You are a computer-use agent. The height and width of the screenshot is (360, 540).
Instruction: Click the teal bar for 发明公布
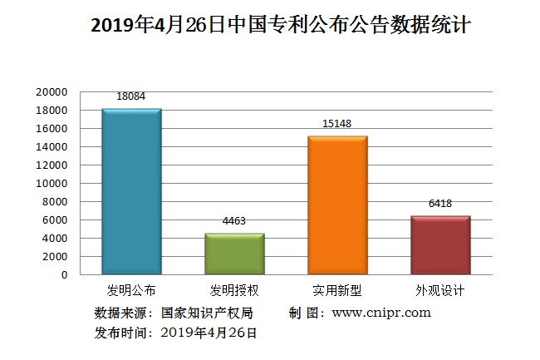point(131,191)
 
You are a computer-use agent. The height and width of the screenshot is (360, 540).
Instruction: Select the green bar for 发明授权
point(234,254)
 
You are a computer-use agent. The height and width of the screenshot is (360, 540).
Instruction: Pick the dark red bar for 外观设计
point(440,244)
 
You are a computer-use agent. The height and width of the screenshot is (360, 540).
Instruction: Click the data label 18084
point(131,96)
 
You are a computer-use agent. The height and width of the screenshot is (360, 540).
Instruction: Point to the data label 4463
point(234,221)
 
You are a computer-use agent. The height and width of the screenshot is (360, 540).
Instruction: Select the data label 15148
point(337,124)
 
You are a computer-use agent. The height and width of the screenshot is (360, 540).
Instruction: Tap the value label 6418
point(440,204)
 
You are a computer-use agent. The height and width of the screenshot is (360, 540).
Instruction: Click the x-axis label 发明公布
point(131,291)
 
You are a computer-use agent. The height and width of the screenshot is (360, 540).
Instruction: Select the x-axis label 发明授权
point(234,291)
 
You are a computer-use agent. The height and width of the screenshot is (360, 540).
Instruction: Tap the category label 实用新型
point(337,291)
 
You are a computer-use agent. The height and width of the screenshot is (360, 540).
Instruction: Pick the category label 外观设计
point(440,291)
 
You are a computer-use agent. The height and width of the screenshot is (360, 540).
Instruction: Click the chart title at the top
point(281,26)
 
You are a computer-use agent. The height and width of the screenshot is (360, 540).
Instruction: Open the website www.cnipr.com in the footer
point(381,313)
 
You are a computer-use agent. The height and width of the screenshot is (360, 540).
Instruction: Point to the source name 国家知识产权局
point(207,313)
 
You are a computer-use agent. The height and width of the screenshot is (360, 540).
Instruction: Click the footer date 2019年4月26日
point(209,333)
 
